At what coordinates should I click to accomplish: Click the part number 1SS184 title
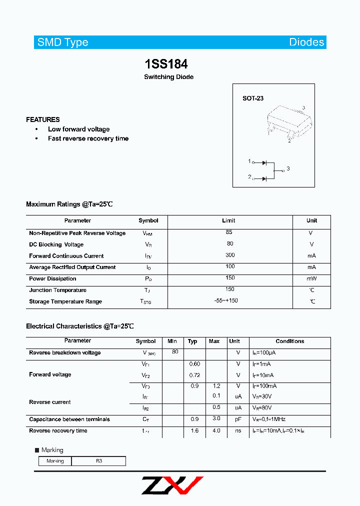pyautogui.click(x=166, y=64)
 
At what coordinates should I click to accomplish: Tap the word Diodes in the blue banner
pyautogui.click(x=306, y=42)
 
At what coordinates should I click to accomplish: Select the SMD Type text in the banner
pyautogui.click(x=63, y=42)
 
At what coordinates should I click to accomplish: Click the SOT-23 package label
pyautogui.click(x=253, y=98)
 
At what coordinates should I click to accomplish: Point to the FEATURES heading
pyautogui.click(x=43, y=119)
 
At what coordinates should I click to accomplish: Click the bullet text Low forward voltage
pyautogui.click(x=78, y=129)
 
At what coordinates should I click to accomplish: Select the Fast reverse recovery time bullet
pyautogui.click(x=88, y=138)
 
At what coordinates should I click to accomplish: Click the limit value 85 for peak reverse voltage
pyautogui.click(x=229, y=232)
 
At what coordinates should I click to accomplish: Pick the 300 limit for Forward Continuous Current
pyautogui.click(x=229, y=255)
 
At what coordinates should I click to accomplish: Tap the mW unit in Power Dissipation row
pyautogui.click(x=311, y=278)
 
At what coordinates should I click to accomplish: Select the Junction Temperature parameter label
pyautogui.click(x=57, y=290)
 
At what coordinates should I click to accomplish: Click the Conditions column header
pyautogui.click(x=289, y=341)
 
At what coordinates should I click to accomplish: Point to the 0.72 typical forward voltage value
pyautogui.click(x=194, y=375)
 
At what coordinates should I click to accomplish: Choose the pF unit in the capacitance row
pyautogui.click(x=238, y=419)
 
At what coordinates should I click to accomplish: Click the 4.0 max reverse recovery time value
pyautogui.click(x=216, y=430)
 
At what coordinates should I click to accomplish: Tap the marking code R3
pyautogui.click(x=99, y=461)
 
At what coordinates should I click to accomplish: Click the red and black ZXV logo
pyautogui.click(x=172, y=485)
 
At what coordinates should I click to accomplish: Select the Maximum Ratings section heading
pyautogui.click(x=69, y=204)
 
